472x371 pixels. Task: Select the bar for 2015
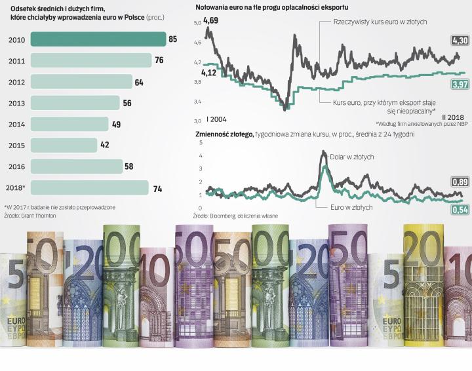63,145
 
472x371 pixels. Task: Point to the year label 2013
16,104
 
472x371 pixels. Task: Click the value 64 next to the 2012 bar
138,83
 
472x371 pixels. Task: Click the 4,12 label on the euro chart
209,72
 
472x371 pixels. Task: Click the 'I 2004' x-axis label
217,119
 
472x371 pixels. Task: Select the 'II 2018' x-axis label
454,115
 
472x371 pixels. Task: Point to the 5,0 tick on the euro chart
198,23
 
